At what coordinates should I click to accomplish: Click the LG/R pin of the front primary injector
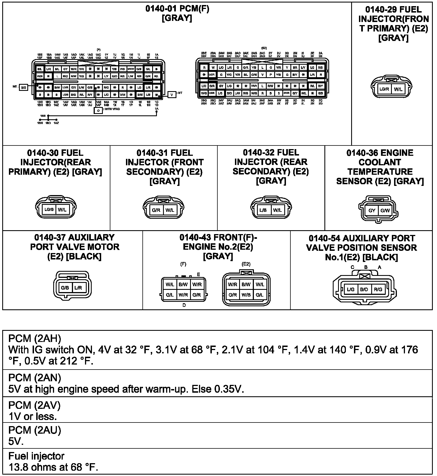(384, 89)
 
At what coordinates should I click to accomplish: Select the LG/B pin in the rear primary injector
(49, 210)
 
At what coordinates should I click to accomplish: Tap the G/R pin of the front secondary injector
(156, 210)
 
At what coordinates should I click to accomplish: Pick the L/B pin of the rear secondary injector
(263, 210)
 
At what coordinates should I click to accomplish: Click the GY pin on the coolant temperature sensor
(372, 210)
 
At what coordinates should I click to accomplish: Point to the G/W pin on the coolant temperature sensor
(385, 210)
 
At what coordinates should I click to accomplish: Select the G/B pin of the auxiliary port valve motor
(65, 288)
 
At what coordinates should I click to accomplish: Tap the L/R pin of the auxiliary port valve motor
(78, 288)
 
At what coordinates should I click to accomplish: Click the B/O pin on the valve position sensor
(364, 290)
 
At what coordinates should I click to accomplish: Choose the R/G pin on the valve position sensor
(378, 290)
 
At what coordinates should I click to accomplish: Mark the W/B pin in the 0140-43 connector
(246, 295)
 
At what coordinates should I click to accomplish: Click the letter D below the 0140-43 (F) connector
(184, 305)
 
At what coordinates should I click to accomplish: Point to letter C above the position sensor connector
(352, 267)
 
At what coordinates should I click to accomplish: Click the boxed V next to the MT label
(172, 95)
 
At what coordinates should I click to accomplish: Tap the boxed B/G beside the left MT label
(24, 88)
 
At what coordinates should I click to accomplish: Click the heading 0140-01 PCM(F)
(177, 9)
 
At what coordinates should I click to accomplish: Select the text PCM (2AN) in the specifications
(35, 378)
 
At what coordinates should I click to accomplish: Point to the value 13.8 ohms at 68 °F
(53, 467)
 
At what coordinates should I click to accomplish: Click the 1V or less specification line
(33, 417)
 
